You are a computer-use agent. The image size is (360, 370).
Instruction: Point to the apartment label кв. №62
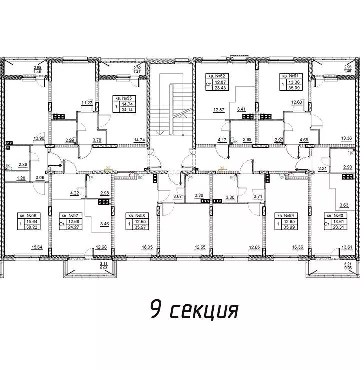tap(218, 76)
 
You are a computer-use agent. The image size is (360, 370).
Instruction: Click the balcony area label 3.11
tap(103, 263)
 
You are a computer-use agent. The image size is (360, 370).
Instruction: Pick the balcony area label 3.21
tap(335, 263)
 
